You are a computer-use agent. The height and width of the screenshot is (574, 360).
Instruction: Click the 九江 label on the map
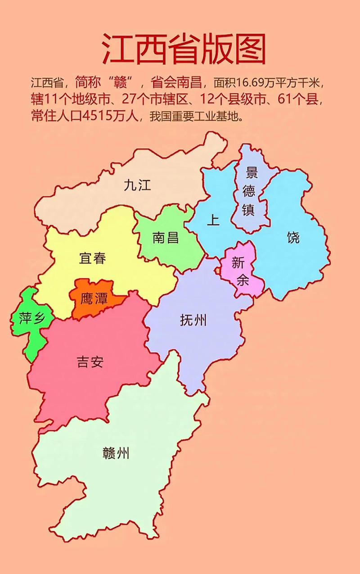coord(137,185)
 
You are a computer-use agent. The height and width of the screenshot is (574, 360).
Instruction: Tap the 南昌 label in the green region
coord(166,237)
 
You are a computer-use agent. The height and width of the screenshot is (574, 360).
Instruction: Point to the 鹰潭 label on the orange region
coord(94,298)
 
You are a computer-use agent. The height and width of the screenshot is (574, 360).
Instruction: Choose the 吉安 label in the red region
coord(90,362)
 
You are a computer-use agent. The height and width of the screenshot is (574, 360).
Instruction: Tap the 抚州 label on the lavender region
coord(193,320)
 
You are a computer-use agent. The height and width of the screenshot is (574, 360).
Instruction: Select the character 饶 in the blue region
coord(293,237)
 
